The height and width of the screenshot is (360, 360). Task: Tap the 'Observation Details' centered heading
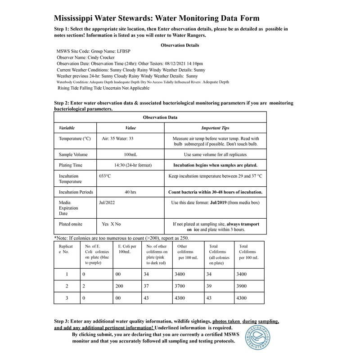pos(180,45)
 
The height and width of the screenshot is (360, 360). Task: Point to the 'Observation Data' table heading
pos(160,117)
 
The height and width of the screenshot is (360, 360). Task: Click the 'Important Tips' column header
pos(215,128)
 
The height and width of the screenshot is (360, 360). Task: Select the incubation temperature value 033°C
pos(105,176)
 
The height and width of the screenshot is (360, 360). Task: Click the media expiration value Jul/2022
pos(107,203)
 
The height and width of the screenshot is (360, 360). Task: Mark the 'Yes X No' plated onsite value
pos(111,224)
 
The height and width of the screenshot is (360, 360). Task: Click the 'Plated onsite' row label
pos(71,224)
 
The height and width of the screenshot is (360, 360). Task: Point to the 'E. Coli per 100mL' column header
pos(127,249)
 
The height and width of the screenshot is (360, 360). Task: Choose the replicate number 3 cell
pos(67,298)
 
